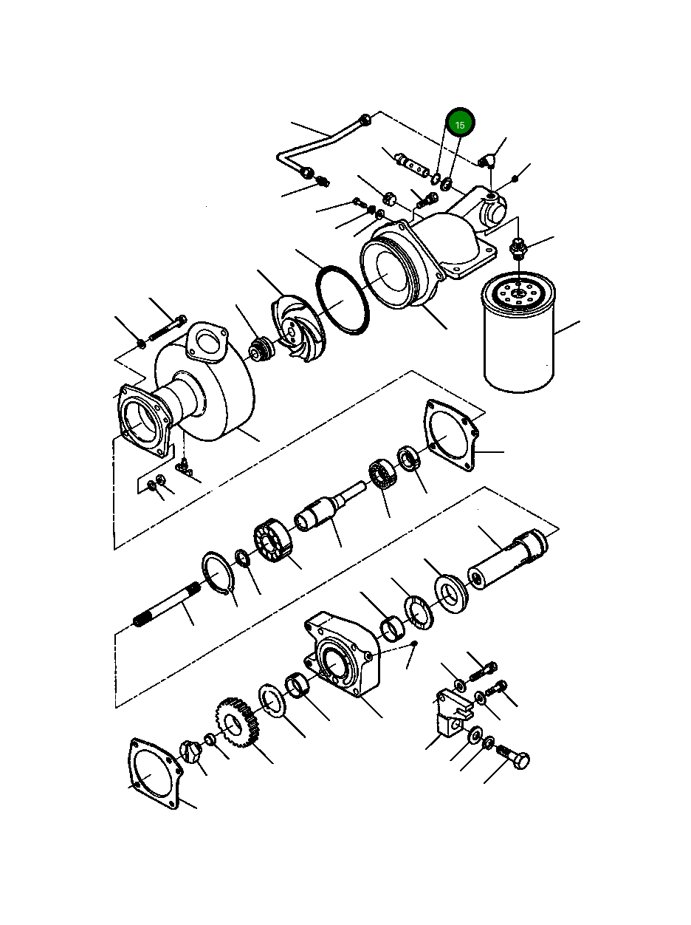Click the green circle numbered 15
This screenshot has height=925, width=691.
tap(459, 124)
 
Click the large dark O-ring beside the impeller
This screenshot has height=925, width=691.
tap(343, 301)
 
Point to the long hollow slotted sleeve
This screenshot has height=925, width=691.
tap(508, 560)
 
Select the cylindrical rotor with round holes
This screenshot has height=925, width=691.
tap(273, 543)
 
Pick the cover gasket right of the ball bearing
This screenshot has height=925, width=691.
tap(451, 437)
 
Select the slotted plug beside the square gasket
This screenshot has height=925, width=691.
tap(190, 753)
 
